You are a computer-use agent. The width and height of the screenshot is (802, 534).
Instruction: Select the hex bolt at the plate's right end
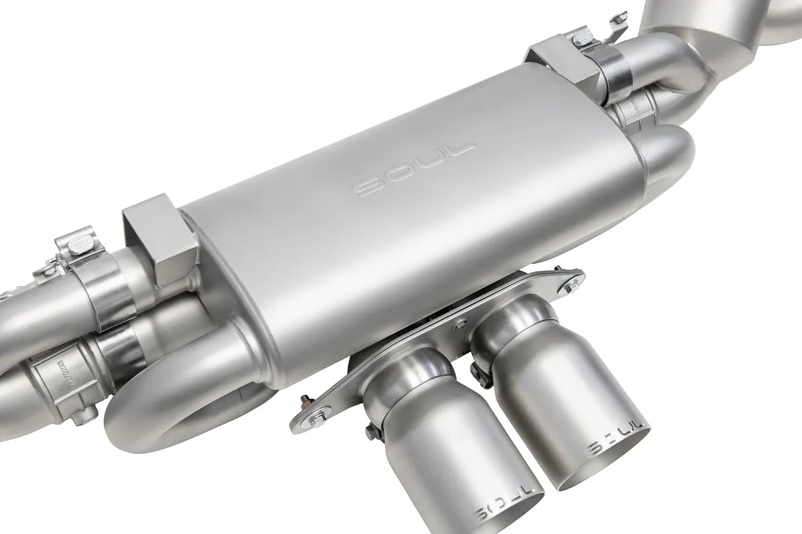(x=571, y=284)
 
